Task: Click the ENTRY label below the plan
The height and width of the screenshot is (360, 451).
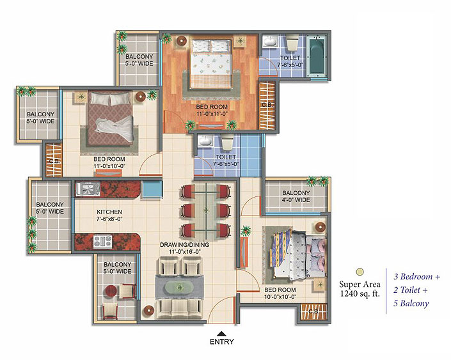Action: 222,341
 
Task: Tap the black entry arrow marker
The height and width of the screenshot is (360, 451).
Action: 221,334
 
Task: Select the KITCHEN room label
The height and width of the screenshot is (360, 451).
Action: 109,212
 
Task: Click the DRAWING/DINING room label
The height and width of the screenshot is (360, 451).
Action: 185,245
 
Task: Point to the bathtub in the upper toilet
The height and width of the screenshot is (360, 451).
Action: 317,56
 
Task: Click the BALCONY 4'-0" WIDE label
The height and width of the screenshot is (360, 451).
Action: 296,196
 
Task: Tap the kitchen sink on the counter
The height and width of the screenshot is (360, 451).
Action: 88,189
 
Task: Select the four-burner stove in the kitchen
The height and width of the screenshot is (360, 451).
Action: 103,242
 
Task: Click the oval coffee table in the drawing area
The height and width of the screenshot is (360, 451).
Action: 180,288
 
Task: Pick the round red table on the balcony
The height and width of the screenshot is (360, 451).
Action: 111,291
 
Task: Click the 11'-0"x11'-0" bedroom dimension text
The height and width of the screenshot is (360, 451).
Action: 212,114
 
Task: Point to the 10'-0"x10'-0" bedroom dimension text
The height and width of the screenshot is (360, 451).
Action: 280,297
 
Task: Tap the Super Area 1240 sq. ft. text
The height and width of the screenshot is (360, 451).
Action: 360,289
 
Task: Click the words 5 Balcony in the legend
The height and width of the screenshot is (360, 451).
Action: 411,303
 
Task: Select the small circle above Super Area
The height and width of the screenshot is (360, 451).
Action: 360,271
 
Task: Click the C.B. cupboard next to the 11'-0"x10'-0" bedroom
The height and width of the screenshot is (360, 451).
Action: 54,160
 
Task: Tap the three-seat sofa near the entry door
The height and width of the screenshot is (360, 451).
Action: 180,309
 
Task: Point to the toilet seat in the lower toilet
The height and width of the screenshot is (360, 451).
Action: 227,143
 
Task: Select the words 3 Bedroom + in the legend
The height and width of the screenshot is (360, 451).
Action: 416,277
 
